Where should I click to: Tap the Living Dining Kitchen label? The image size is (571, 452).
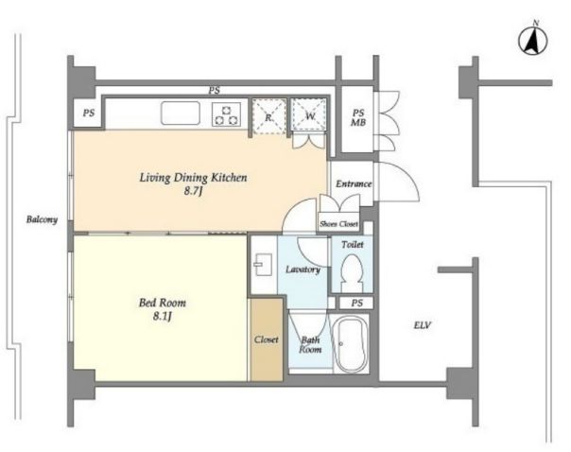(194, 178)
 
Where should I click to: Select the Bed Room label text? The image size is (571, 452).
(163, 303)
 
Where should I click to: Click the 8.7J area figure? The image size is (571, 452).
(193, 191)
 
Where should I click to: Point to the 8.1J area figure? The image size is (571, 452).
(162, 317)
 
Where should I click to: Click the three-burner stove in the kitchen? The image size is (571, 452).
(227, 114)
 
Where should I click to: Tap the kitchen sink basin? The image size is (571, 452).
(181, 113)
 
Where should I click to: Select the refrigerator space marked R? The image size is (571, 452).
(268, 117)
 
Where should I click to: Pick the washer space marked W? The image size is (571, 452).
(309, 115)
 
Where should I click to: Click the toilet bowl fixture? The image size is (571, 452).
(352, 272)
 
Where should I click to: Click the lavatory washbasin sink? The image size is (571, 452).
(264, 264)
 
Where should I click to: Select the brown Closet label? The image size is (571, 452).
(267, 339)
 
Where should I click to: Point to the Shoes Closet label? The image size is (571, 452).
(338, 224)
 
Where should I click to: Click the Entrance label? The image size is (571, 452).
(354, 183)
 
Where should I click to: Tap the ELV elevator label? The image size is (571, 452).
(423, 325)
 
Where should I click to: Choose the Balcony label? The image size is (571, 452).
(42, 219)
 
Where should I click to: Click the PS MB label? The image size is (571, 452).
(358, 117)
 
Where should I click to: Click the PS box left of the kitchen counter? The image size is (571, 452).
(89, 113)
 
